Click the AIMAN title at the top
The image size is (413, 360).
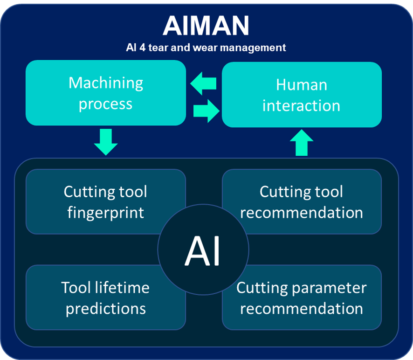tap(206, 26)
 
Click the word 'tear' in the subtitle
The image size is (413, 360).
tap(159, 48)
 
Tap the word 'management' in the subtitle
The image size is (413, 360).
tap(253, 48)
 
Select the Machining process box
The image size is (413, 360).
tap(106, 93)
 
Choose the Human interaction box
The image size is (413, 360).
tap(302, 95)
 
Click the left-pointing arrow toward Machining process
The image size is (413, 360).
tap(203, 83)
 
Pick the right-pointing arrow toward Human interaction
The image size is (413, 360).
tap(206, 111)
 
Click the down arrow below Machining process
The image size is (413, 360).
tap(106, 142)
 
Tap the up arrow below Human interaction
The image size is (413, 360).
tap(302, 143)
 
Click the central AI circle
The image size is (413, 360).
tap(203, 249)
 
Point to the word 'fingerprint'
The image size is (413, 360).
tap(106, 213)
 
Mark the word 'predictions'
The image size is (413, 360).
tap(106, 309)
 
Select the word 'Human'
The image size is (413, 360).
tap(302, 85)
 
